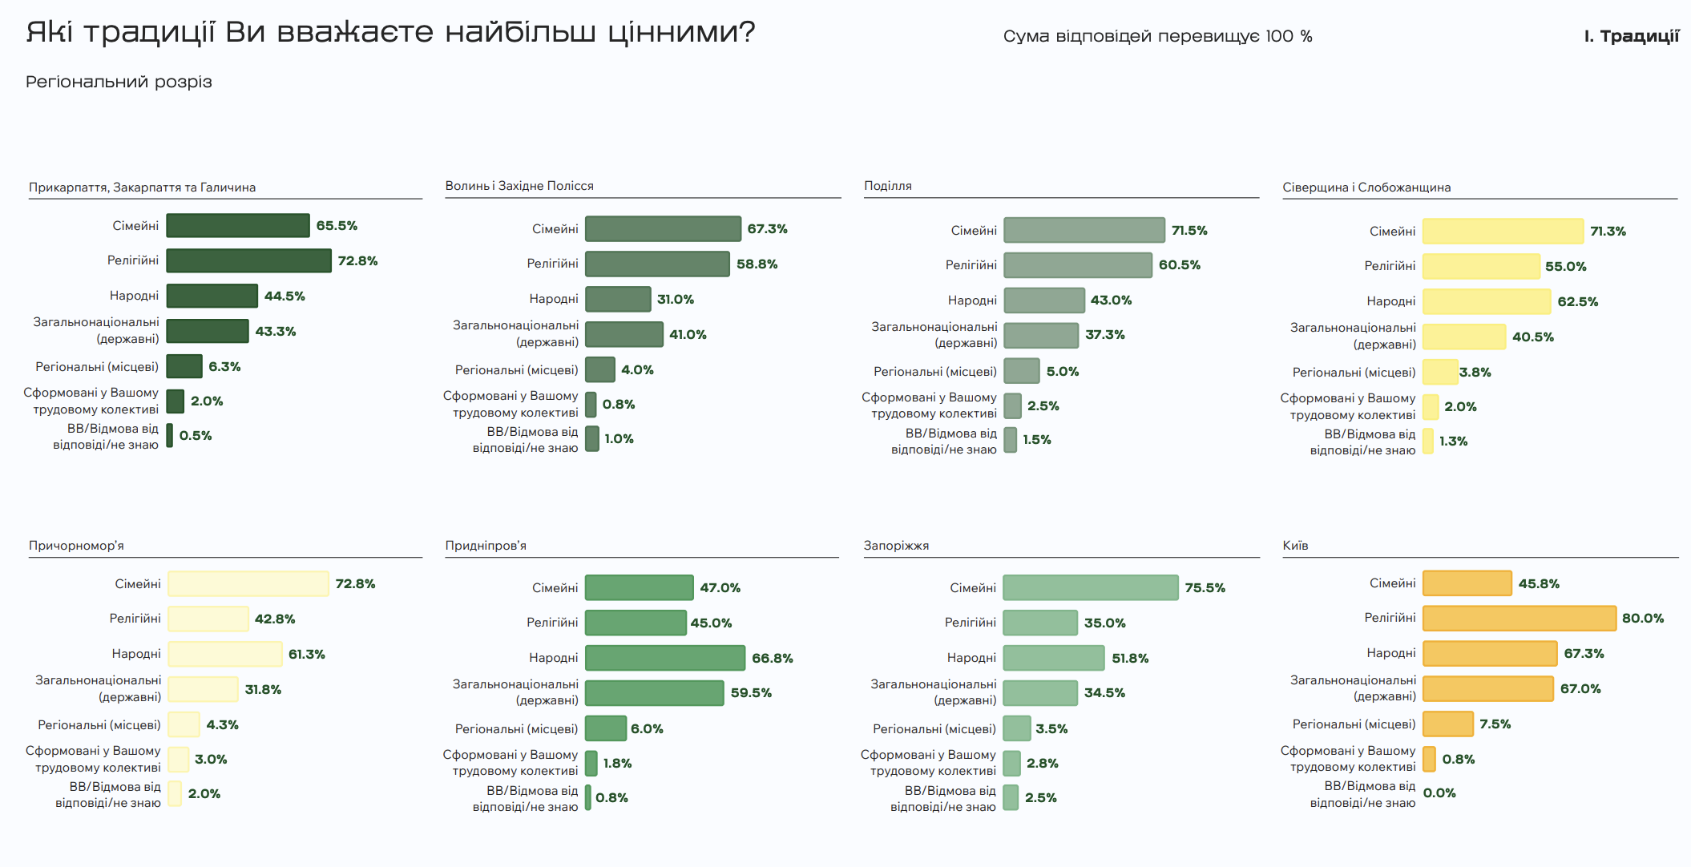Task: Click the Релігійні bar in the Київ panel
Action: [x=1519, y=619]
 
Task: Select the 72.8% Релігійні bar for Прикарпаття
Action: [x=248, y=260]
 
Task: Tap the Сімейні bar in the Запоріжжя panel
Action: [x=1090, y=587]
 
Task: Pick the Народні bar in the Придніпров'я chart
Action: [x=664, y=658]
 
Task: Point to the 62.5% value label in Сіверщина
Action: [x=1577, y=302]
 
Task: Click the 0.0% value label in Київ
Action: [x=1439, y=793]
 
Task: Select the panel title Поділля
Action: [x=887, y=186]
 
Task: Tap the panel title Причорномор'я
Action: [x=76, y=546]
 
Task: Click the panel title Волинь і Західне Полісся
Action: [x=519, y=186]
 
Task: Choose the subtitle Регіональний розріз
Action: [x=119, y=82]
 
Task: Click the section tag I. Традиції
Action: [x=1631, y=36]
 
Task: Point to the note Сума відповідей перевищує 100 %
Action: [x=1157, y=36]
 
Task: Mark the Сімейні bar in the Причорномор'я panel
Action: [x=248, y=584]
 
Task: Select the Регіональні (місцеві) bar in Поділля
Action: [x=1021, y=371]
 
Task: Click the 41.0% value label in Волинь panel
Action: [x=688, y=335]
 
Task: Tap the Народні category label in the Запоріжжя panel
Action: [x=971, y=658]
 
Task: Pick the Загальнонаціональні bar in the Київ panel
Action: [x=1487, y=689]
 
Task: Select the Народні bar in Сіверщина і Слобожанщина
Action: [x=1486, y=302]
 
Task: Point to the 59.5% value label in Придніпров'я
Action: [x=751, y=693]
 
